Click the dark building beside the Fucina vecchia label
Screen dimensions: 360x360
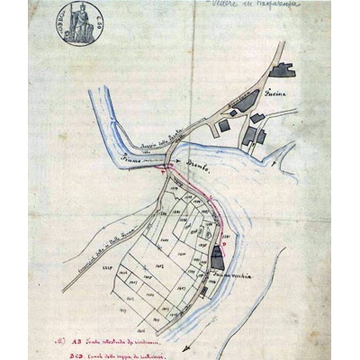(217, 256)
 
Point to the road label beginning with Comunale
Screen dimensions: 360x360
(90, 246)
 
